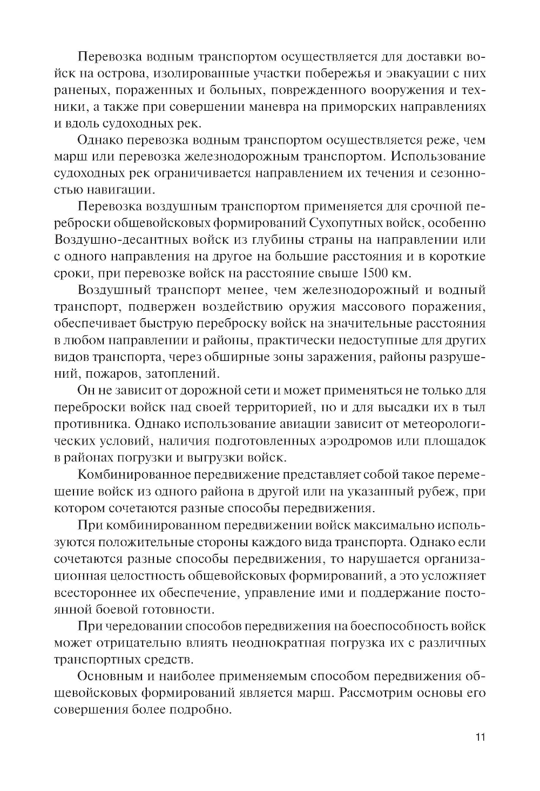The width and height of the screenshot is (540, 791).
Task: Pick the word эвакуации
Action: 401,72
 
